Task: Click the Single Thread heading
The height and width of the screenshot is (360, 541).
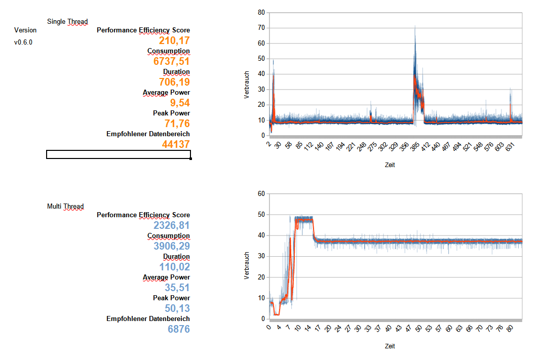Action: (67, 21)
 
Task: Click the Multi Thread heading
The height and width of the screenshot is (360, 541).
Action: (65, 206)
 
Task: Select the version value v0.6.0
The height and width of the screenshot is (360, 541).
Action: (23, 42)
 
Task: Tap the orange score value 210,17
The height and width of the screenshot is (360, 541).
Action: (174, 41)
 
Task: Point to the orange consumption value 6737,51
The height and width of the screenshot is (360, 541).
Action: (172, 61)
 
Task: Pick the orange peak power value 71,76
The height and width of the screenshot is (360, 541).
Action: (177, 124)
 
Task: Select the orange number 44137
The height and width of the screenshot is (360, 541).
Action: (176, 144)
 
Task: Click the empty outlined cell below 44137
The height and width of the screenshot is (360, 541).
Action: (119, 154)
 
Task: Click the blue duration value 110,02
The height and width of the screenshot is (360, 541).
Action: (172, 267)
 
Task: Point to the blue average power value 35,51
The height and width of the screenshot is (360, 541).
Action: (177, 288)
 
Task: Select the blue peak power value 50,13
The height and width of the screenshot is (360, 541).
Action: (177, 308)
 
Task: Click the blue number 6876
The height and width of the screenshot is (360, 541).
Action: (179, 329)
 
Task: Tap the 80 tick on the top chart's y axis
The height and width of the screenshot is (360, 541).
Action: (261, 12)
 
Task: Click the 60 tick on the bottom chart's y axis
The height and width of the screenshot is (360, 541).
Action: (261, 193)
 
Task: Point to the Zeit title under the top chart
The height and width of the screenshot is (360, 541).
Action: (390, 165)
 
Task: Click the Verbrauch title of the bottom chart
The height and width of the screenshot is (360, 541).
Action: (247, 266)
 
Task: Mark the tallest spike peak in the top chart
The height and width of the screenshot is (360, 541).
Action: (415, 26)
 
